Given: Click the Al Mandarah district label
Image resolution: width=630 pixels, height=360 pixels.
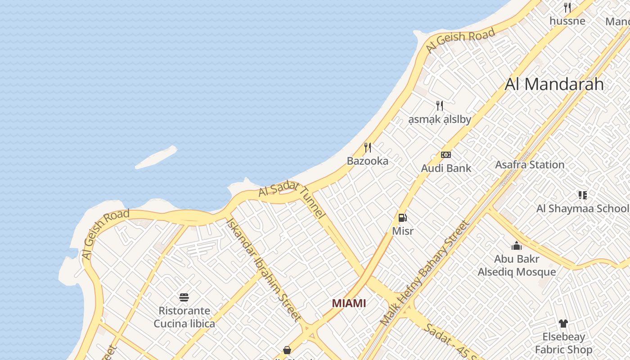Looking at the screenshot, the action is point(554,84).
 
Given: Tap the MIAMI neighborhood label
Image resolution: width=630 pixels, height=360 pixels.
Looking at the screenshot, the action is point(349,303).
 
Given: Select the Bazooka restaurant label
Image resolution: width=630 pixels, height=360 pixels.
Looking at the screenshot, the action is point(367,161).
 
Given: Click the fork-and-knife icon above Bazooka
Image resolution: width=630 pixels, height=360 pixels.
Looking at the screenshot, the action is point(368,147).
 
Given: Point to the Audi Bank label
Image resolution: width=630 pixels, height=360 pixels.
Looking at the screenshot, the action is point(446,168).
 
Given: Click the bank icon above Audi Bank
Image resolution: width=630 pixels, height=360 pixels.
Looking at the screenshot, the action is point(446,155).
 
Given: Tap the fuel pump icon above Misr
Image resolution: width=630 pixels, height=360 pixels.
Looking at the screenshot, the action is point(403,218).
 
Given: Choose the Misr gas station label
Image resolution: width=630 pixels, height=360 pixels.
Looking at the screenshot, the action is point(403,231).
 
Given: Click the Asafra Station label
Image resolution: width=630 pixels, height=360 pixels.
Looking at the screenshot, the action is point(530,165).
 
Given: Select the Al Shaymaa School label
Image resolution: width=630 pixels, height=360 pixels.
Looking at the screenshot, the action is point(582,208).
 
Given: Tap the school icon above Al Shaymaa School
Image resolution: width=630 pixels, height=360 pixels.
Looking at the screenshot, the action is point(583,195).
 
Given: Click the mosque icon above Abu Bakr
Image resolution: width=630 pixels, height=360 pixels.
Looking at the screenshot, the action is point(517,246).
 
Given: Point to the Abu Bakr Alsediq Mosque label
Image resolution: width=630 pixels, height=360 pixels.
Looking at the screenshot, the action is point(517,265).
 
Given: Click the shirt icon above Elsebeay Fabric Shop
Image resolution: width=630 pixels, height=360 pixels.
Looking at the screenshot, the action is point(563,323).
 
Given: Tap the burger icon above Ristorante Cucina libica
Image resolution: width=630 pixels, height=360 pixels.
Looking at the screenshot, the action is point(184,297).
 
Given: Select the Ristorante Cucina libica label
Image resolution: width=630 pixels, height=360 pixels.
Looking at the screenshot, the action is point(184,317).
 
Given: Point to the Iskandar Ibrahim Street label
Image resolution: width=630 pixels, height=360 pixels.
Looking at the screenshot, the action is point(263,270).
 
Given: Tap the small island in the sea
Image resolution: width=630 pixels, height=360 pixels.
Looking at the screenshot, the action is point(156,157).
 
